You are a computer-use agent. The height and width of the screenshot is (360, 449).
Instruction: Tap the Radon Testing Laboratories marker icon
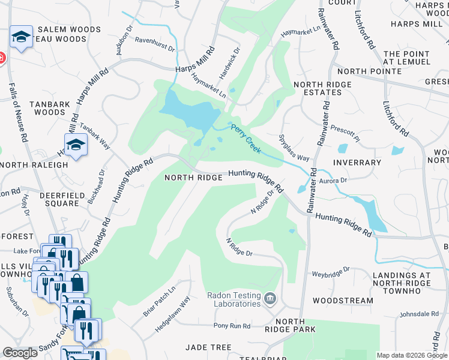pyautogui.click(x=270, y=298)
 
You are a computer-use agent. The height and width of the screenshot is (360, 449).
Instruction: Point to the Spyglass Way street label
pyautogui.click(x=294, y=148)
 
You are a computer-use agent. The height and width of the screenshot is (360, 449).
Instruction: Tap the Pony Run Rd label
pyautogui.click(x=232, y=326)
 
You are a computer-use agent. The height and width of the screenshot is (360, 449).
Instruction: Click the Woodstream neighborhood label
pyautogui.click(x=343, y=301)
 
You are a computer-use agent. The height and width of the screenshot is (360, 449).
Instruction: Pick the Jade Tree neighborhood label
pyautogui.click(x=208, y=347)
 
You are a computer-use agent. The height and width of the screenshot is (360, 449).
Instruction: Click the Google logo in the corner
pyautogui.click(x=20, y=353)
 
